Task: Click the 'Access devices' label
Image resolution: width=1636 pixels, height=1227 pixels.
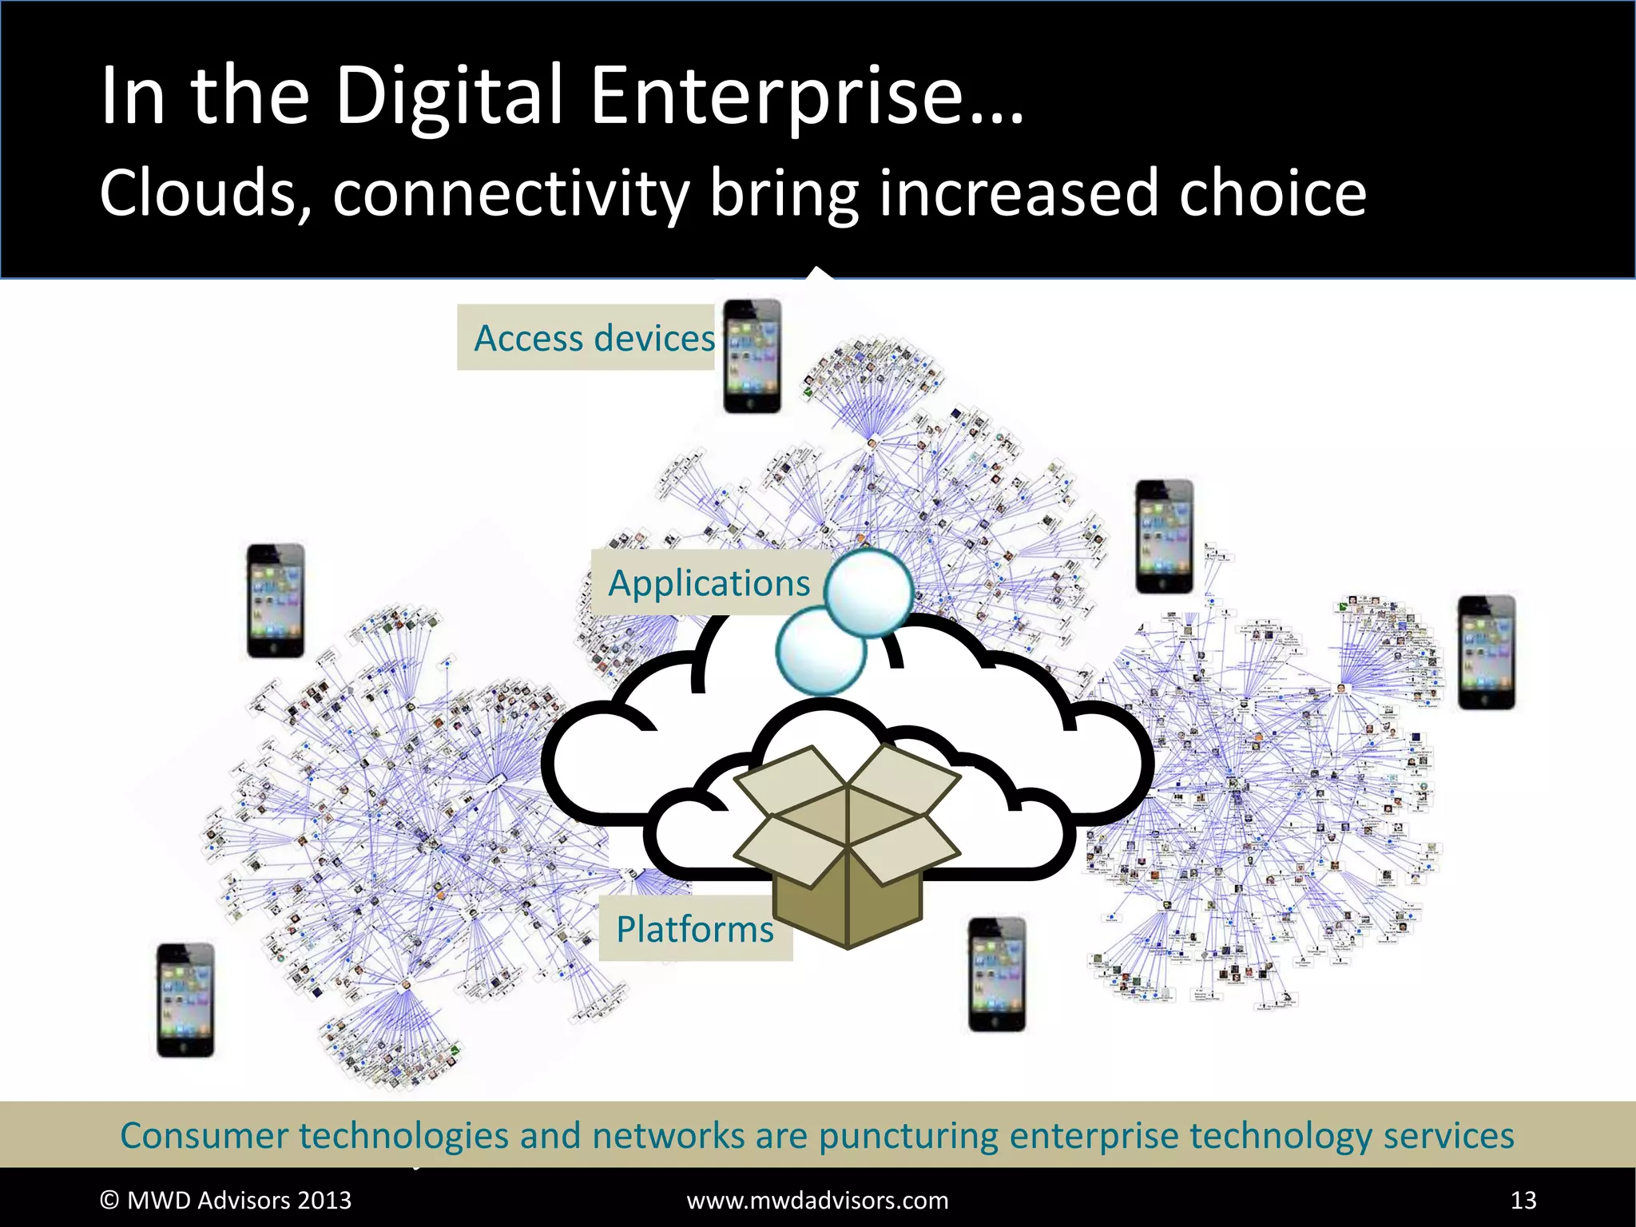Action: [x=594, y=338]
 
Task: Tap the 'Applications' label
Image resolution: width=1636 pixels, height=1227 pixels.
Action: [x=709, y=582]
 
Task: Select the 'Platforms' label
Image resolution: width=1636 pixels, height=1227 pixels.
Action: [x=694, y=929]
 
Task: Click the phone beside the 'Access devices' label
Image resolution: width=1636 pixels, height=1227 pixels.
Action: [x=752, y=356]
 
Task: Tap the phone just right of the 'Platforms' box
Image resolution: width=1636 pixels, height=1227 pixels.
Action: [x=996, y=975]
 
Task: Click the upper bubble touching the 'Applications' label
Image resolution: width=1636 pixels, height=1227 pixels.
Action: [x=868, y=592]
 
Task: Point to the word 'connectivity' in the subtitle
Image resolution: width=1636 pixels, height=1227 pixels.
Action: [x=511, y=195]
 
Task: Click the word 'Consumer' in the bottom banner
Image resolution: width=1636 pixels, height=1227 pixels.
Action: [x=204, y=1135]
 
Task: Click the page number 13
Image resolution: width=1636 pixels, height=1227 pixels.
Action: [x=1523, y=1200]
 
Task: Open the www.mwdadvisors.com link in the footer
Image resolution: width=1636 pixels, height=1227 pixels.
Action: [x=817, y=1200]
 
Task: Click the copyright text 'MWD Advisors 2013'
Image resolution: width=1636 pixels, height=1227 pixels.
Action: [x=239, y=1200]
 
